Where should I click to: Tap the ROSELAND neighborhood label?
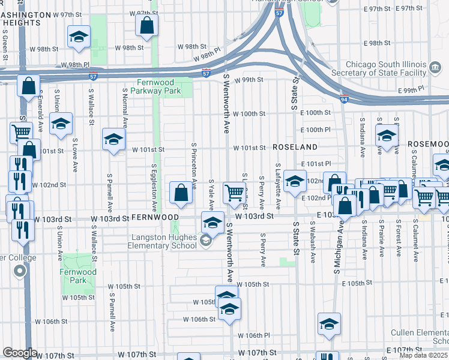295,147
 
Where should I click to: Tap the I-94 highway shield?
343,100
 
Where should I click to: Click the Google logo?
20,353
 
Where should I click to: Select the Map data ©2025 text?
424,355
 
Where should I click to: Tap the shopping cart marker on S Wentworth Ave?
234,193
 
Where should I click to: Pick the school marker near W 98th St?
79,38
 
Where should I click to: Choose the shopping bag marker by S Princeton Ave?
181,193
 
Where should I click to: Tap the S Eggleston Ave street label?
154,187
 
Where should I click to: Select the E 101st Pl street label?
316,163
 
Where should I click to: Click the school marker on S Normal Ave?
112,140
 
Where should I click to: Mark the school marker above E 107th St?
329,325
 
